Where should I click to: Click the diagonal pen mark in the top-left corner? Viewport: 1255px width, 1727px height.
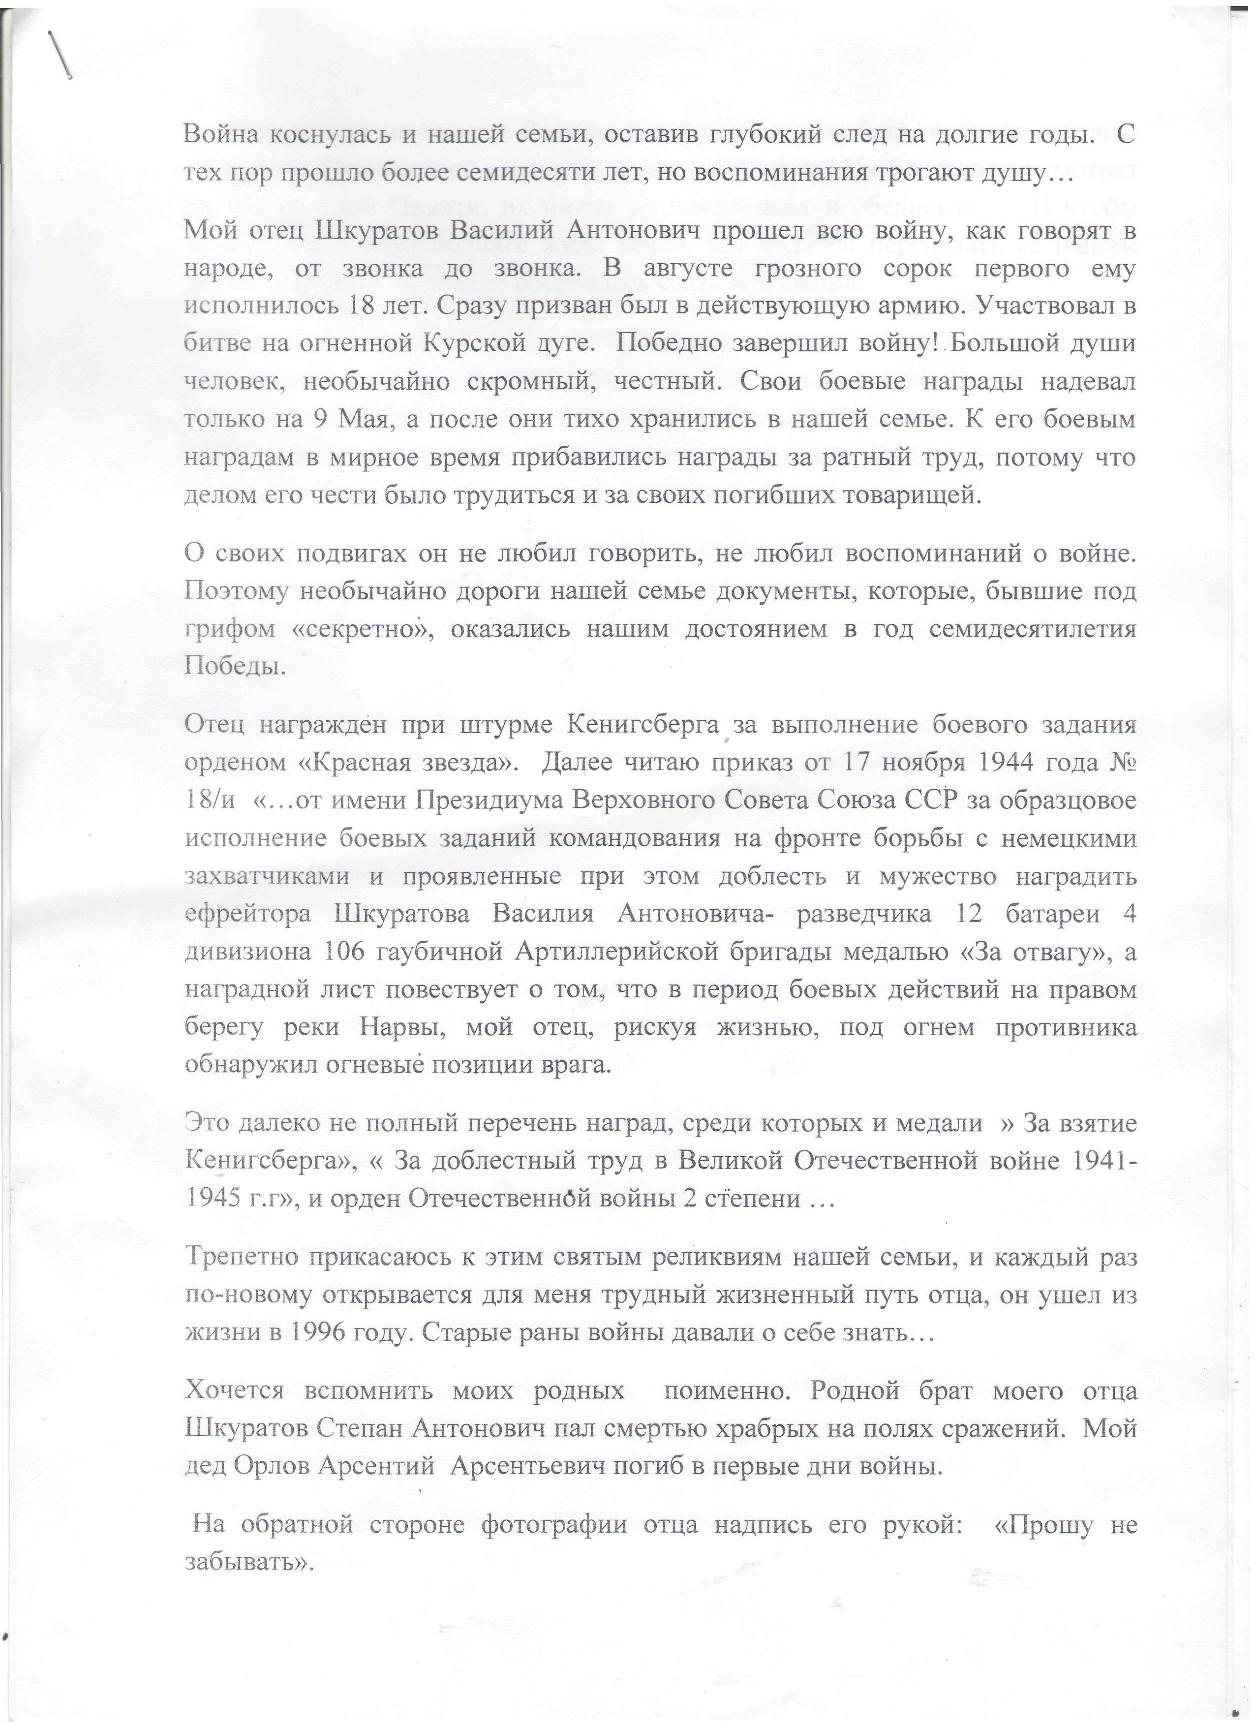[60, 55]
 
